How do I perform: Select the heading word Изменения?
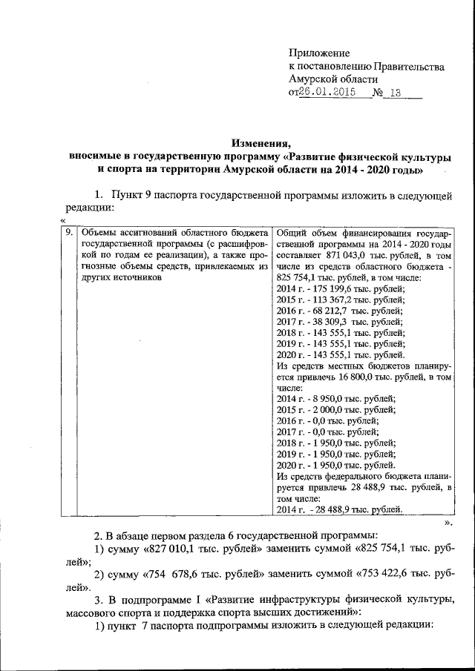tap(260, 144)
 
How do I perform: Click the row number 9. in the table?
tap(69, 232)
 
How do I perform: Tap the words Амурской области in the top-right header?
tap(334, 79)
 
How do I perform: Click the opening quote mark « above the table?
tap(63, 220)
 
